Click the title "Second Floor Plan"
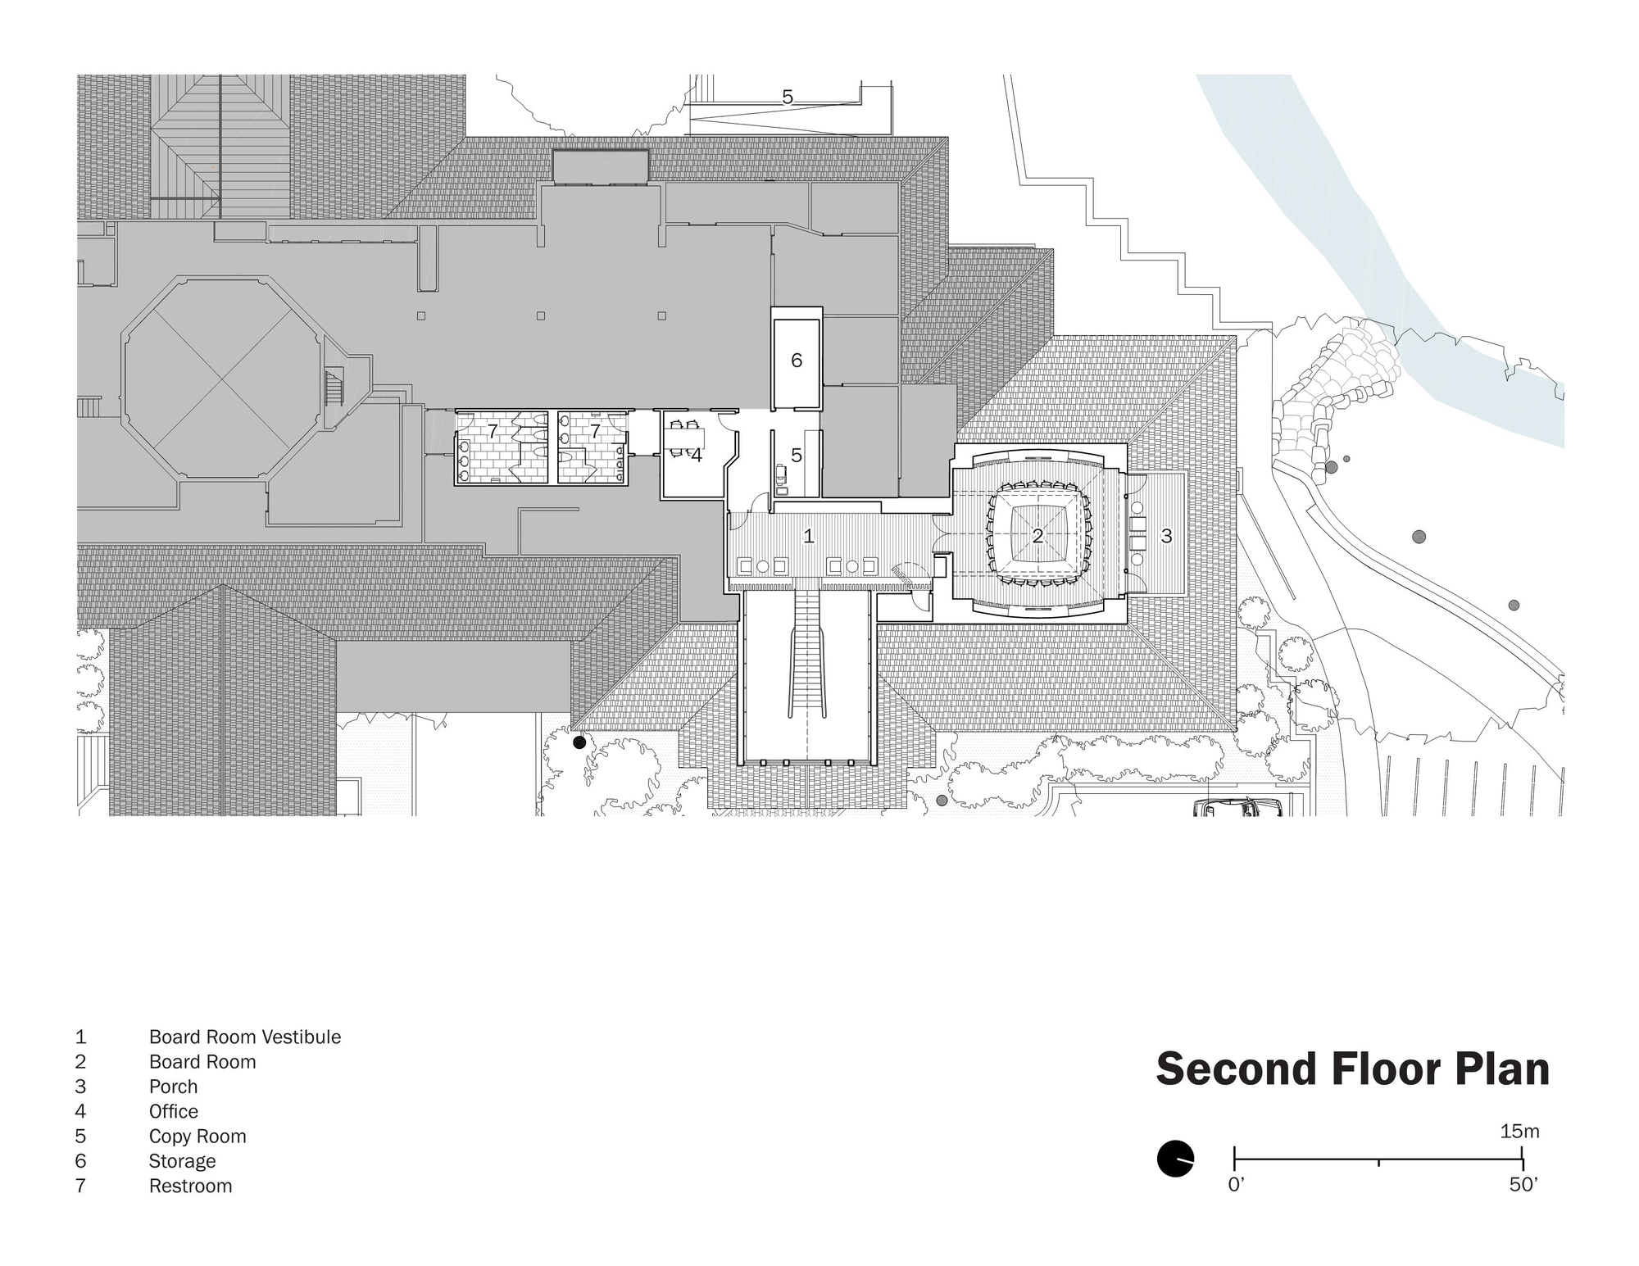[1352, 1069]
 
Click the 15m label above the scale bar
[1519, 1132]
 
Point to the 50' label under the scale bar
[1523, 1185]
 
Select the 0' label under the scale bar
[1237, 1185]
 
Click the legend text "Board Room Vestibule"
[244, 1037]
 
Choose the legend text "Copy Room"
[197, 1137]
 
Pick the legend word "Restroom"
[190, 1186]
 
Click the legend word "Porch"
[173, 1087]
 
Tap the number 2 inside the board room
[1037, 536]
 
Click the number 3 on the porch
[1166, 536]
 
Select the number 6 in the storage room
[797, 361]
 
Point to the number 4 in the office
[696, 456]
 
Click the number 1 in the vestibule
[809, 536]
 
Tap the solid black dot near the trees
[579, 742]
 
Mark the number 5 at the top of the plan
[788, 98]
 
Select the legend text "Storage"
[182, 1161]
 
